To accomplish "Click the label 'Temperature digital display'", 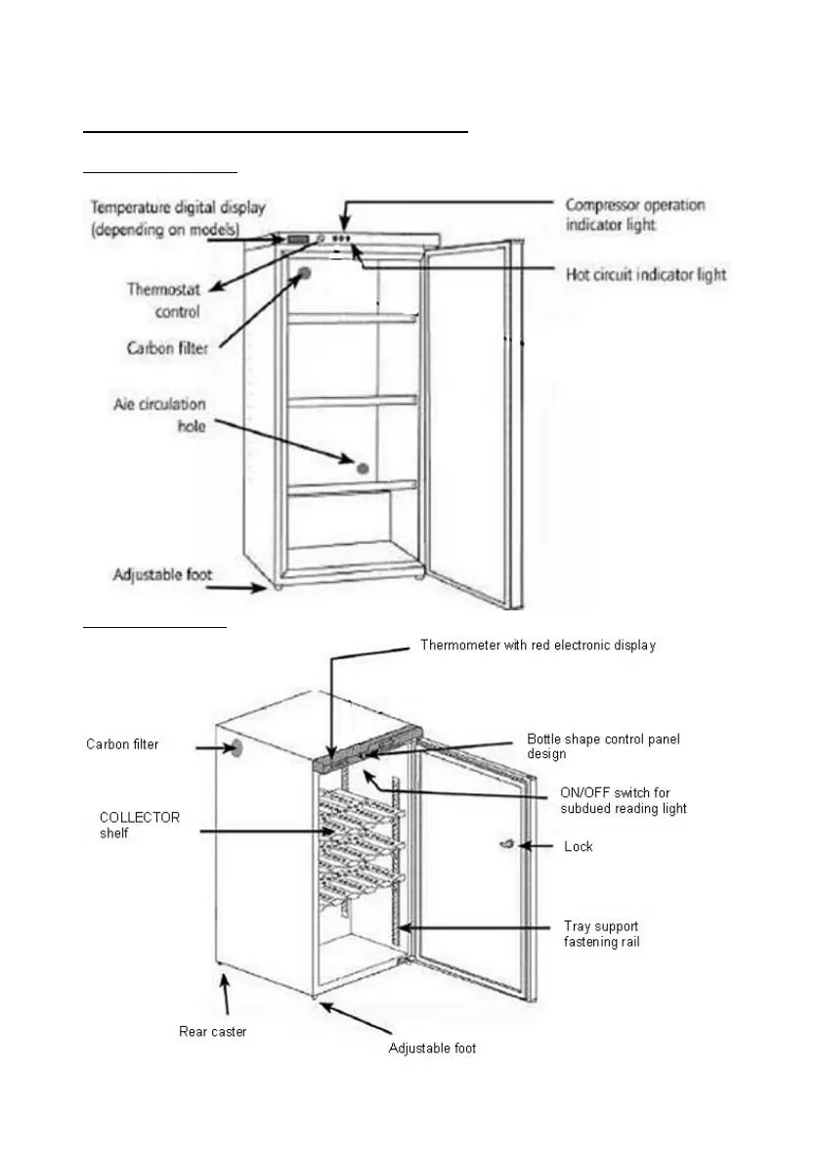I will (x=178, y=216).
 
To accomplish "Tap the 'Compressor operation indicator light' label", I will (x=635, y=214).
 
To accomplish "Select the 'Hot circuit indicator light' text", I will (x=646, y=274).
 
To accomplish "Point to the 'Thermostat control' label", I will (x=163, y=300).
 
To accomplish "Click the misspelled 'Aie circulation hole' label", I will (x=158, y=415).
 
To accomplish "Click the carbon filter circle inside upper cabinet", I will (x=305, y=275).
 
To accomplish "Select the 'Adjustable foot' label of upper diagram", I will (x=162, y=574).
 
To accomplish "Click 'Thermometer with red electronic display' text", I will (x=538, y=646).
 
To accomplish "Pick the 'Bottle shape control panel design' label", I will (x=603, y=746).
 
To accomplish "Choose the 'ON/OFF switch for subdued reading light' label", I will (x=624, y=800).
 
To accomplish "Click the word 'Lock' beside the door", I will (x=579, y=846).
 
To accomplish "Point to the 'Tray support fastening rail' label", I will (x=602, y=933).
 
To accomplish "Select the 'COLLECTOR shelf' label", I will (x=140, y=825).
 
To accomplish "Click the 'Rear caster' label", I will (x=212, y=1031).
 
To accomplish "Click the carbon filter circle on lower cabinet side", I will (x=235, y=749).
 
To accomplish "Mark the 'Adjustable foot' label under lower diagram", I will (x=432, y=1049).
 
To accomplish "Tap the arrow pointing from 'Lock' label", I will (x=537, y=846).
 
